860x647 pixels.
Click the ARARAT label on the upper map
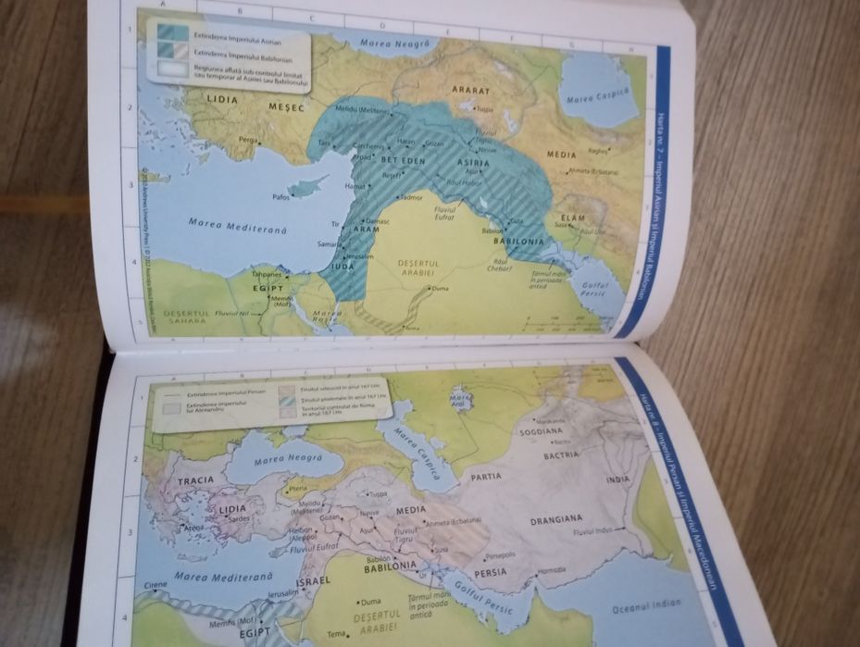coord(470,92)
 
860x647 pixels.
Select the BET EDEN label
coord(404,160)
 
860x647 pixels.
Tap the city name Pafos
coord(282,196)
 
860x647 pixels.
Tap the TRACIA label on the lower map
coord(195,480)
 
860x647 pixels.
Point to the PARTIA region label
coord(486,477)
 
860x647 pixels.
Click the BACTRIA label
coord(562,454)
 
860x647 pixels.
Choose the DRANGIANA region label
coord(556,519)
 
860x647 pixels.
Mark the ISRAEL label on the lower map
coord(314,582)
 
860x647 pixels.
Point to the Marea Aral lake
coord(460,398)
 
